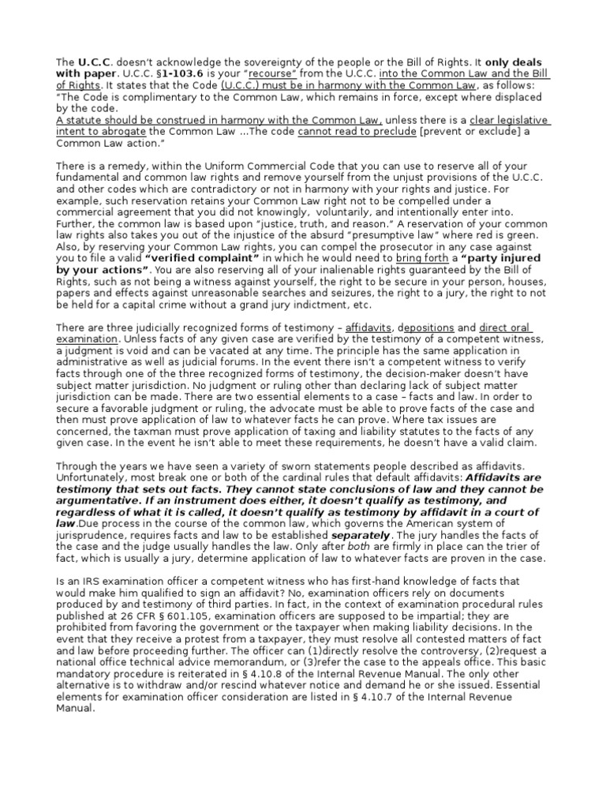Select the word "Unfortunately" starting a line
(x=92, y=477)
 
